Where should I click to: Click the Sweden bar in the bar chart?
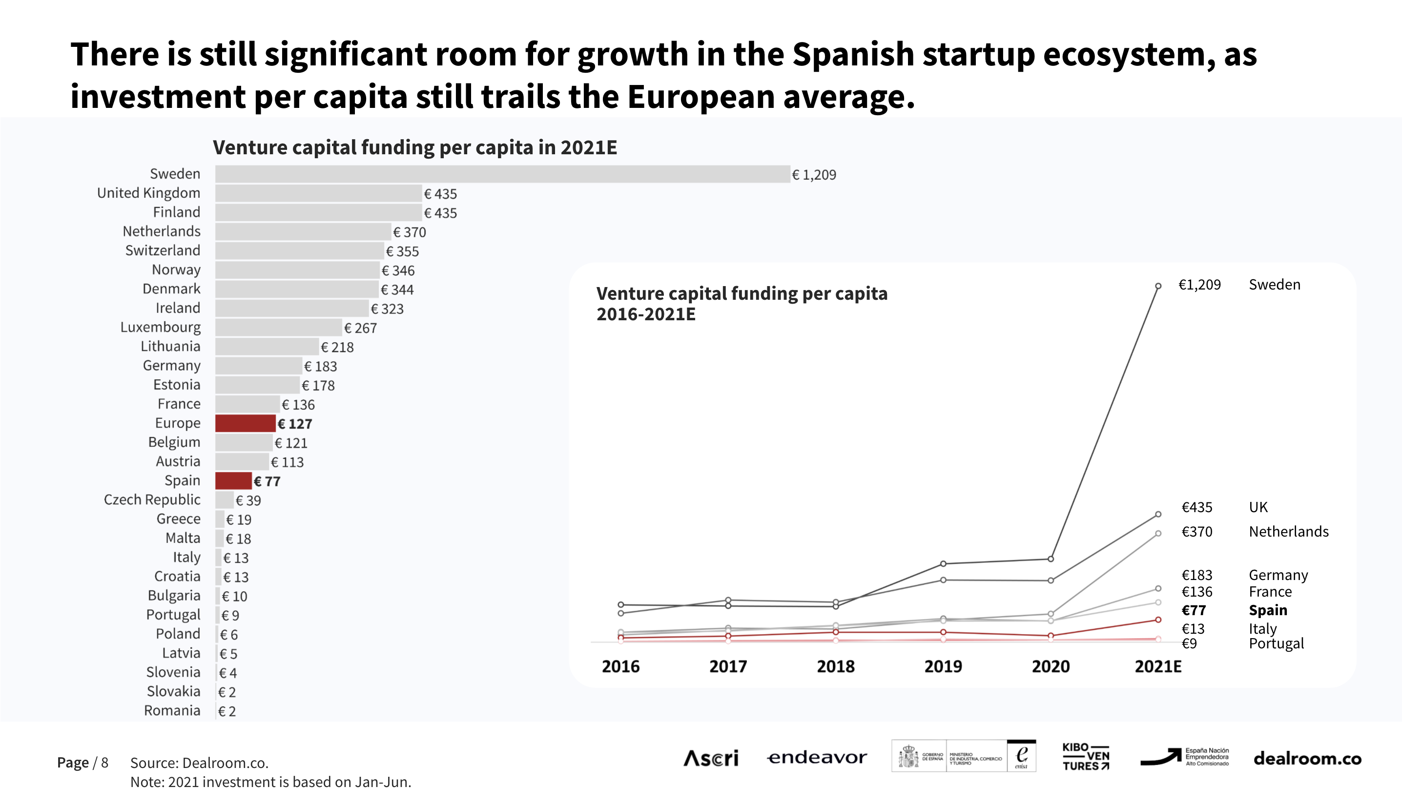point(502,174)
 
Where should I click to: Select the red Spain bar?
point(233,481)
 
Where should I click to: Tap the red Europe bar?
point(246,423)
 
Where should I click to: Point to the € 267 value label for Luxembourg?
point(360,328)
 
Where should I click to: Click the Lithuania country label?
point(170,347)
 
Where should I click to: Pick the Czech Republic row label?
point(152,500)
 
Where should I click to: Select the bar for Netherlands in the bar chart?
point(303,232)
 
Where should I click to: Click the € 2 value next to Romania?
point(227,711)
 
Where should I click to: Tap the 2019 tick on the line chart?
point(943,666)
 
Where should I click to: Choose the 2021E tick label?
point(1157,666)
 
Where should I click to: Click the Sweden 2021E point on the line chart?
point(1158,286)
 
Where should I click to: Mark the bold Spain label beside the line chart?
point(1268,611)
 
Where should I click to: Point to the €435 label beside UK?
point(1197,508)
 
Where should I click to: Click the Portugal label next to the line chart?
point(1276,644)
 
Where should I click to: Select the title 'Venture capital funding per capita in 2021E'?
point(415,147)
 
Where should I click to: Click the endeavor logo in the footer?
point(817,758)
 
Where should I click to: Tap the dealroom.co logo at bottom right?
point(1307,759)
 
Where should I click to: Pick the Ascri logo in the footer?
point(711,758)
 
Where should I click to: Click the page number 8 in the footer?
point(104,763)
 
